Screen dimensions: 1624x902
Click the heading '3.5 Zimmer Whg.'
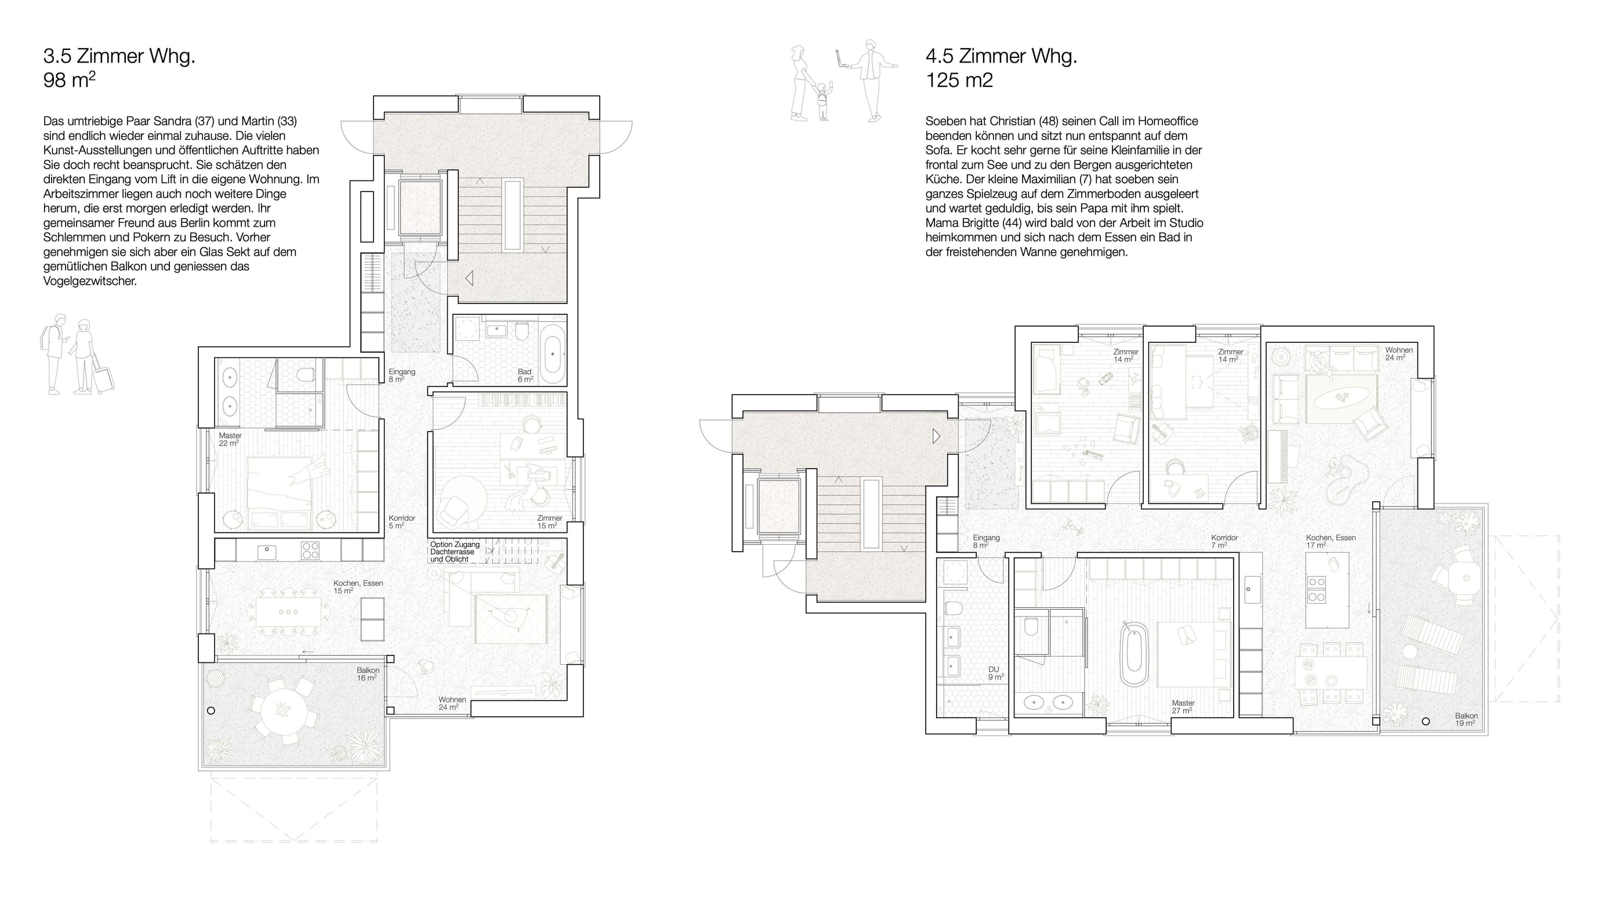(119, 57)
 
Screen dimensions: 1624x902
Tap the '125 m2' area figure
(959, 81)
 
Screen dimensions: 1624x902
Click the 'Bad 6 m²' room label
(525, 376)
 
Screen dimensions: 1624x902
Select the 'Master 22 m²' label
(230, 439)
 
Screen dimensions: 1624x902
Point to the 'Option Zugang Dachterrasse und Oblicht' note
(455, 552)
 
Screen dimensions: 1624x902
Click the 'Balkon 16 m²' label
(368, 674)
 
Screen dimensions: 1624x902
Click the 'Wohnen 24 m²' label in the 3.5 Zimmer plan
(452, 704)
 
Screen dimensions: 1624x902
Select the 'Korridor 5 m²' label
(401, 522)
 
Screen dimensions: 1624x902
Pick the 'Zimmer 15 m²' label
(549, 522)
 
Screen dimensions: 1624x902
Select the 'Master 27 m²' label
(1182, 707)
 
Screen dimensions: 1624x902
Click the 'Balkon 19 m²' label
(1466, 719)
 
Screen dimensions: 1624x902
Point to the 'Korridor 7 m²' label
(1224, 541)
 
